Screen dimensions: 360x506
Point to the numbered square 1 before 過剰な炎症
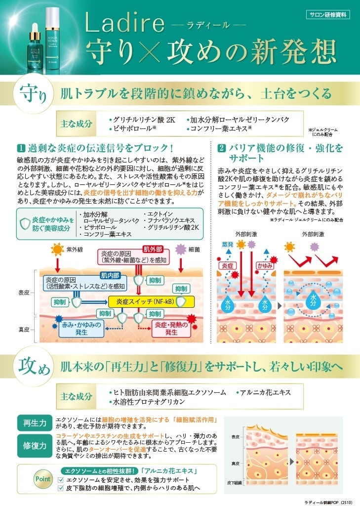click(21, 148)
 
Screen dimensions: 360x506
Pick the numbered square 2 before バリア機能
click(222, 148)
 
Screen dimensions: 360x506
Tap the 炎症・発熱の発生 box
click(171, 328)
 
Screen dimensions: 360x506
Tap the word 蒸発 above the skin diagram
click(228, 245)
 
